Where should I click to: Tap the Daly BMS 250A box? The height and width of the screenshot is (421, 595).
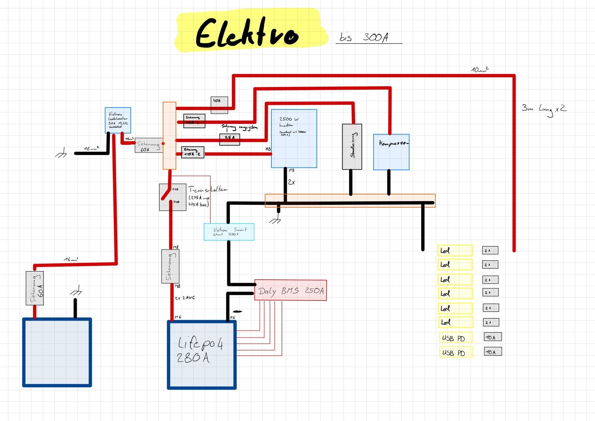pyautogui.click(x=291, y=290)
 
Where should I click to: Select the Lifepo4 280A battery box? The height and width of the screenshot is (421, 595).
pyautogui.click(x=202, y=355)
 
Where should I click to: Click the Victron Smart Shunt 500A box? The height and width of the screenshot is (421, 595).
pyautogui.click(x=229, y=232)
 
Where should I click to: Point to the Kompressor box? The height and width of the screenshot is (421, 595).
pyautogui.click(x=391, y=152)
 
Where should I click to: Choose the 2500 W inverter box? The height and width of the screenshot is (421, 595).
pyautogui.click(x=294, y=139)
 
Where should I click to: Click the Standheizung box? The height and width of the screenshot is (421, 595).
pyautogui.click(x=352, y=147)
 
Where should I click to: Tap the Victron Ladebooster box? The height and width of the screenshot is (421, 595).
pyautogui.click(x=118, y=120)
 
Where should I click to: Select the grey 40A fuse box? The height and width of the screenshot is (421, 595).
pyautogui.click(x=219, y=105)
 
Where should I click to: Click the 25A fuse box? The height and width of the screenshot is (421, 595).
pyautogui.click(x=229, y=139)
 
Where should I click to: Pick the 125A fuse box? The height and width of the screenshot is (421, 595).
pyautogui.click(x=193, y=152)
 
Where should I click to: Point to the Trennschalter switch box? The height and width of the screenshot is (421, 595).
pyautogui.click(x=173, y=197)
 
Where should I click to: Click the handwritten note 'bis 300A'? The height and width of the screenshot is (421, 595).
pyautogui.click(x=364, y=37)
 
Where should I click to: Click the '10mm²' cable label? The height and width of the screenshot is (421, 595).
pyautogui.click(x=480, y=70)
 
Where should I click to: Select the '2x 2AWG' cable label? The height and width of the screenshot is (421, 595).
pyautogui.click(x=185, y=298)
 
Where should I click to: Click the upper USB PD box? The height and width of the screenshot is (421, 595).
pyautogui.click(x=456, y=338)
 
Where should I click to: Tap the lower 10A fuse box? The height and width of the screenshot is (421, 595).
pyautogui.click(x=493, y=351)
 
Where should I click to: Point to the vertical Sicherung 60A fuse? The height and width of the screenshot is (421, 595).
pyautogui.click(x=35, y=288)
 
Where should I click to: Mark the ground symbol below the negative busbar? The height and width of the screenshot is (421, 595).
pyautogui.click(x=276, y=220)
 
